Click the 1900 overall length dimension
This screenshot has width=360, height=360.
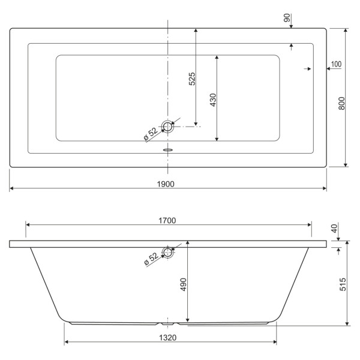(167, 184)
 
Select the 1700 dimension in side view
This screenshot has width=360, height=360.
(167, 220)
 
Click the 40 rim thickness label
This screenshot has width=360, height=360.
(334, 229)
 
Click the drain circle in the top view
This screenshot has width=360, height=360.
(168, 127)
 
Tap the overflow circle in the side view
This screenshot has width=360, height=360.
(168, 251)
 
